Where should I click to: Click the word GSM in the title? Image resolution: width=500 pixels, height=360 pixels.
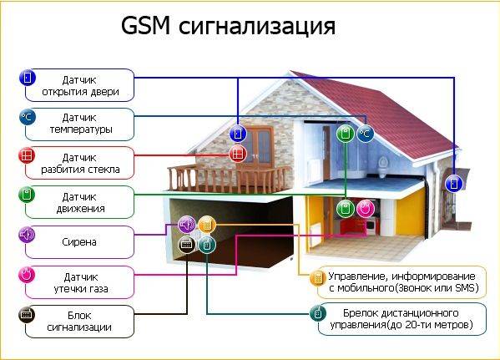pos(145,26)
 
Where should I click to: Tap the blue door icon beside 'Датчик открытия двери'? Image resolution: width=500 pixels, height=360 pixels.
pos(28,78)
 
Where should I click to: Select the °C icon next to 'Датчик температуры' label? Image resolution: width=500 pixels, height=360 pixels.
pos(28,117)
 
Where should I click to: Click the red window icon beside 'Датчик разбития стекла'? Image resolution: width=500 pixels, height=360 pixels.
pos(27,155)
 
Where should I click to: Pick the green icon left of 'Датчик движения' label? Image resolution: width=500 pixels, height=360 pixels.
pos(27,195)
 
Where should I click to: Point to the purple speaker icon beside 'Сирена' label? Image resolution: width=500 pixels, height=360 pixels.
pos(27,235)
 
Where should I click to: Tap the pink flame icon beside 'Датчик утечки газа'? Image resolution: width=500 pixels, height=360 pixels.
pos(27,275)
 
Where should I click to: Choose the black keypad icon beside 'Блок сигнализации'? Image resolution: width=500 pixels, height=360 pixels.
pos(27,315)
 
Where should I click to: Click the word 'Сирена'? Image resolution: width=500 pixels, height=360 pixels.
pos(79,242)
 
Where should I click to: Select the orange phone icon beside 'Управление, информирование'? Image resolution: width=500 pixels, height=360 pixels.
pos(318,278)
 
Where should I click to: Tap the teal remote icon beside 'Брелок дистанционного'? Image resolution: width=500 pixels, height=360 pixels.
pos(318,314)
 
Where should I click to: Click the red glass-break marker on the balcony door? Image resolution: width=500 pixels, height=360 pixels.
pos(238,154)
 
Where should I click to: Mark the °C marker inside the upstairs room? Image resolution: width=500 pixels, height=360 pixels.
pos(366,134)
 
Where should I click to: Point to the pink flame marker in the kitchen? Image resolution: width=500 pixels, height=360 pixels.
pos(366,209)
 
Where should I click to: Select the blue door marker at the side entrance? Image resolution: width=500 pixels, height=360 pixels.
pos(453,184)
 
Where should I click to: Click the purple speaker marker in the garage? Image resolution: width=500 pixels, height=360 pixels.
pos(187,225)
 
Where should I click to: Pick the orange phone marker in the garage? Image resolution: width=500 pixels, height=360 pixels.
pos(207,225)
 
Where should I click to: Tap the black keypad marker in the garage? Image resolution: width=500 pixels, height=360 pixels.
pos(187,245)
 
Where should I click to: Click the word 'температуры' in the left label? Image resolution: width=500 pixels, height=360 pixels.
pos(81,129)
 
